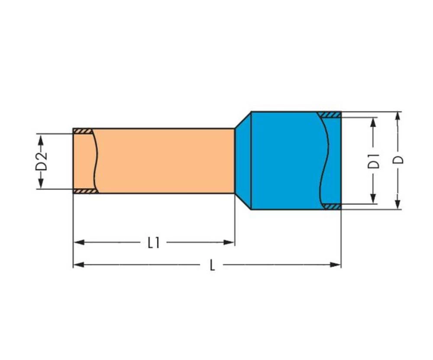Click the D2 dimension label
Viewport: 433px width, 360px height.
pos(41,161)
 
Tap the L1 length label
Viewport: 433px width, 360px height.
pos(154,243)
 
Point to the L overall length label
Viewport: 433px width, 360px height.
pos(212,265)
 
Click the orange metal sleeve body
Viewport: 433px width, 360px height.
pos(165,161)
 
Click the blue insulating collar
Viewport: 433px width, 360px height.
pos(286,161)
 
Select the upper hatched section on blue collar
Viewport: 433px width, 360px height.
pos(329,115)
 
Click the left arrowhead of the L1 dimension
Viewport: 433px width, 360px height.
pos(78,243)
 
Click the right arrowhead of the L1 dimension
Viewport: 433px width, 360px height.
pos(229,243)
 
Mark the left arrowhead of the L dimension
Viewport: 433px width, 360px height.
pos(78,265)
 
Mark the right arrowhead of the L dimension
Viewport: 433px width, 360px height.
pos(336,265)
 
